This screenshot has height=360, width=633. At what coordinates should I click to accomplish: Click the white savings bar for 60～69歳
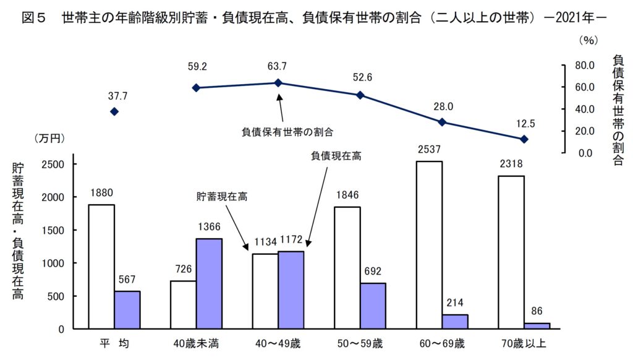pos(429,245)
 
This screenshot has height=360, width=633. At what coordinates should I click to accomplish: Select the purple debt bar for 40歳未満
pos(209,283)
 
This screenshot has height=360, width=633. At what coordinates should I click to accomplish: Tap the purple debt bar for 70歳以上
pos(537,325)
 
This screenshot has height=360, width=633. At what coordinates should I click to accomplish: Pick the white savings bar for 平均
pos(101,267)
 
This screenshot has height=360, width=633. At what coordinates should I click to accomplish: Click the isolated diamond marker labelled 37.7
pos(114,111)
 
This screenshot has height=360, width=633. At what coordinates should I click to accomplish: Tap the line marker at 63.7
pos(278,83)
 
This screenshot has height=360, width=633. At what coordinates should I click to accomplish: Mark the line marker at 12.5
pos(524,139)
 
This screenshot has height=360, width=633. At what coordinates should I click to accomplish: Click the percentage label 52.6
pos(360,77)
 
